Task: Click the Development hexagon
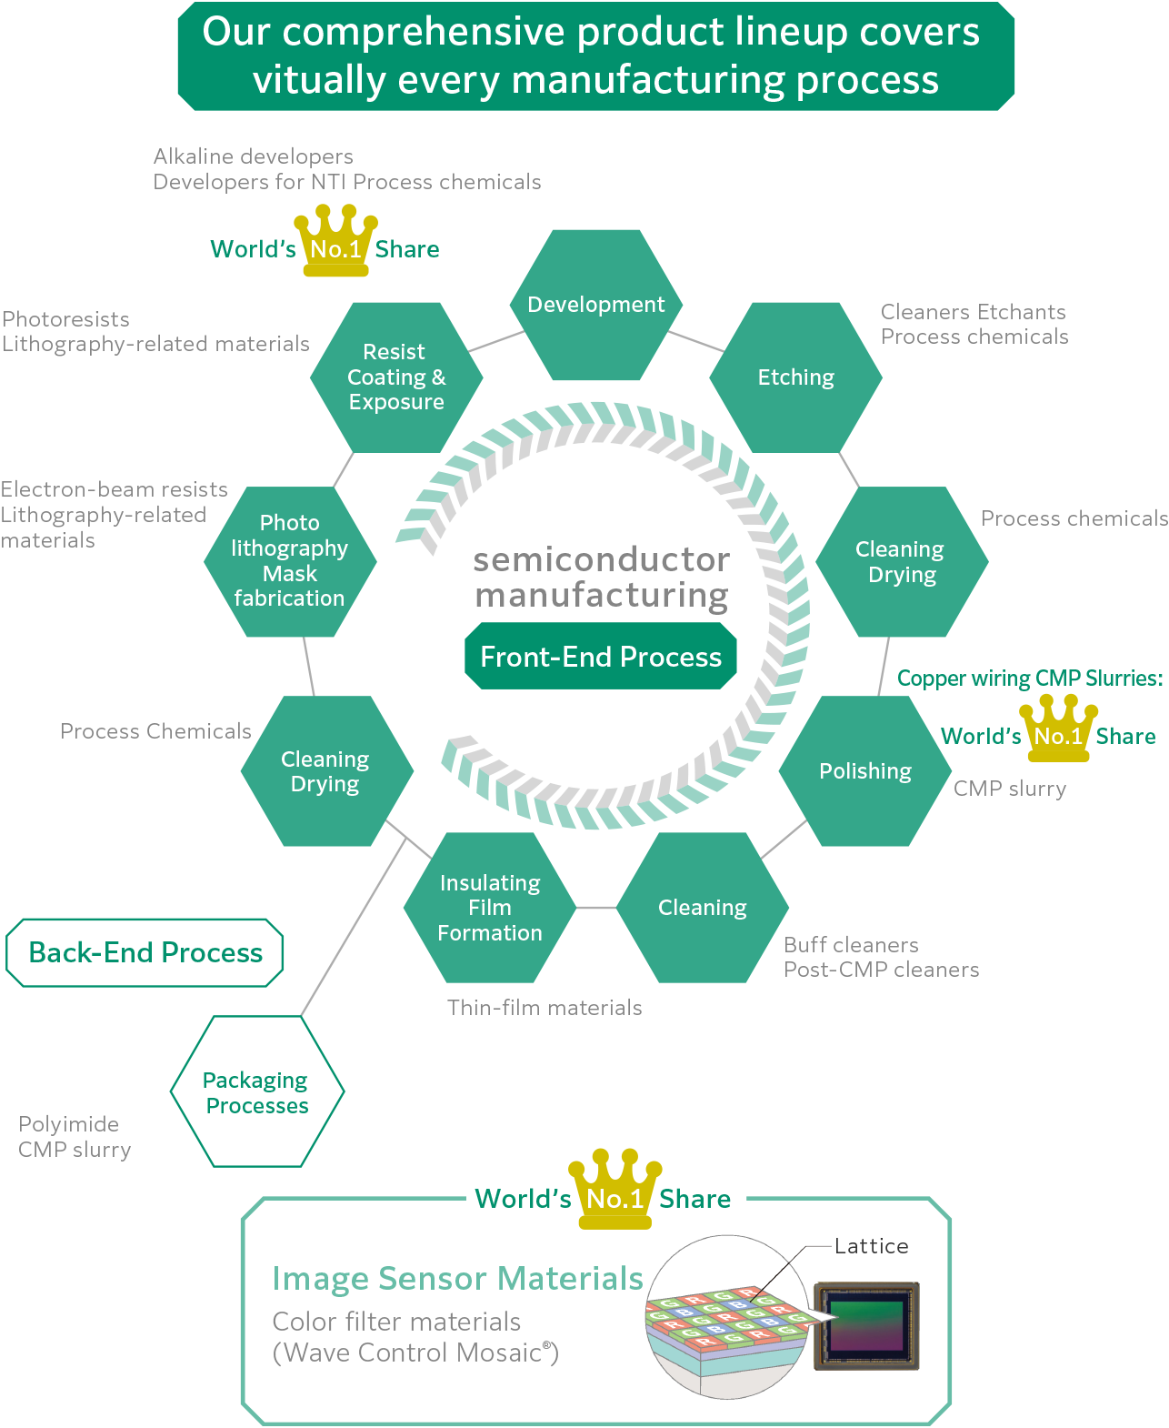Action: pyautogui.click(x=595, y=305)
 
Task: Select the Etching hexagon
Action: pyautogui.click(x=795, y=377)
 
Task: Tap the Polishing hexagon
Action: pyautogui.click(x=864, y=771)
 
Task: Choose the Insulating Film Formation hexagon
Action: pyautogui.click(x=490, y=908)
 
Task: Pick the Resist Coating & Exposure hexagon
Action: pyautogui.click(x=396, y=377)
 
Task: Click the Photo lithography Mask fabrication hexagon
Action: pyautogui.click(x=290, y=561)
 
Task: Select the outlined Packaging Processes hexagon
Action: pyautogui.click(x=257, y=1091)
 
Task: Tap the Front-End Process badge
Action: pyautogui.click(x=600, y=657)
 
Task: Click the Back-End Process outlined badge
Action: pyautogui.click(x=145, y=952)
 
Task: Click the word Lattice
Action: pyautogui.click(x=871, y=1246)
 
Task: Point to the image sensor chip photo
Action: pyautogui.click(x=866, y=1325)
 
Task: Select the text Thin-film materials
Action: pyautogui.click(x=545, y=1008)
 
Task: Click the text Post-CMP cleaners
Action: pyautogui.click(x=881, y=970)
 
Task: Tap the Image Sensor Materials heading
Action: pyautogui.click(x=457, y=1278)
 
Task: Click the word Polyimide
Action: pyautogui.click(x=69, y=1124)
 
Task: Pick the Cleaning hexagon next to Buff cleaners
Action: pyautogui.click(x=702, y=908)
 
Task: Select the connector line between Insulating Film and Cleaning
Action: pyautogui.click(x=596, y=908)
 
